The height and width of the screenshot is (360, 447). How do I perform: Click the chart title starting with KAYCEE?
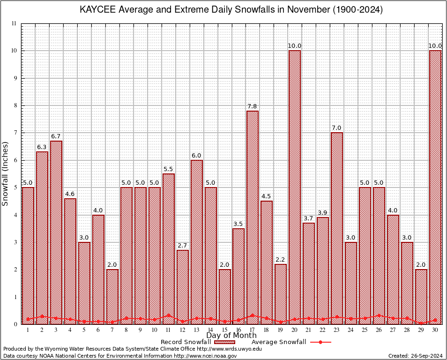point(231,10)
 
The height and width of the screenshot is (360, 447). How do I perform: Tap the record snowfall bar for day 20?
point(295,187)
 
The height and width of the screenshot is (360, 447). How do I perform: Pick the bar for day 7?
point(112,296)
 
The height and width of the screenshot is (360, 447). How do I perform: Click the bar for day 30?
point(435,187)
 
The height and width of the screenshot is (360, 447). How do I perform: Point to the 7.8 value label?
point(253,106)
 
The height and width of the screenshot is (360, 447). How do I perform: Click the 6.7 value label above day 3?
point(56,136)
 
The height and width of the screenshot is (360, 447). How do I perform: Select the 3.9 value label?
point(323,213)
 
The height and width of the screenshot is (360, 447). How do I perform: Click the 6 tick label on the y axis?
point(15,160)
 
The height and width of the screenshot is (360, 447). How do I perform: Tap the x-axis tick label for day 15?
point(225,330)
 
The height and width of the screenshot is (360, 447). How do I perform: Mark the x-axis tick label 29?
point(421,330)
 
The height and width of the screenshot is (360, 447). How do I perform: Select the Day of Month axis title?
point(231,336)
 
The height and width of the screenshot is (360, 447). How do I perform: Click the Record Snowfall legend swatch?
point(226,342)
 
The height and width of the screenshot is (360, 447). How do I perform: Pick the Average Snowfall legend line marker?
point(320,342)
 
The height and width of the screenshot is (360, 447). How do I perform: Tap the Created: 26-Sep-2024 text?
point(416,356)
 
